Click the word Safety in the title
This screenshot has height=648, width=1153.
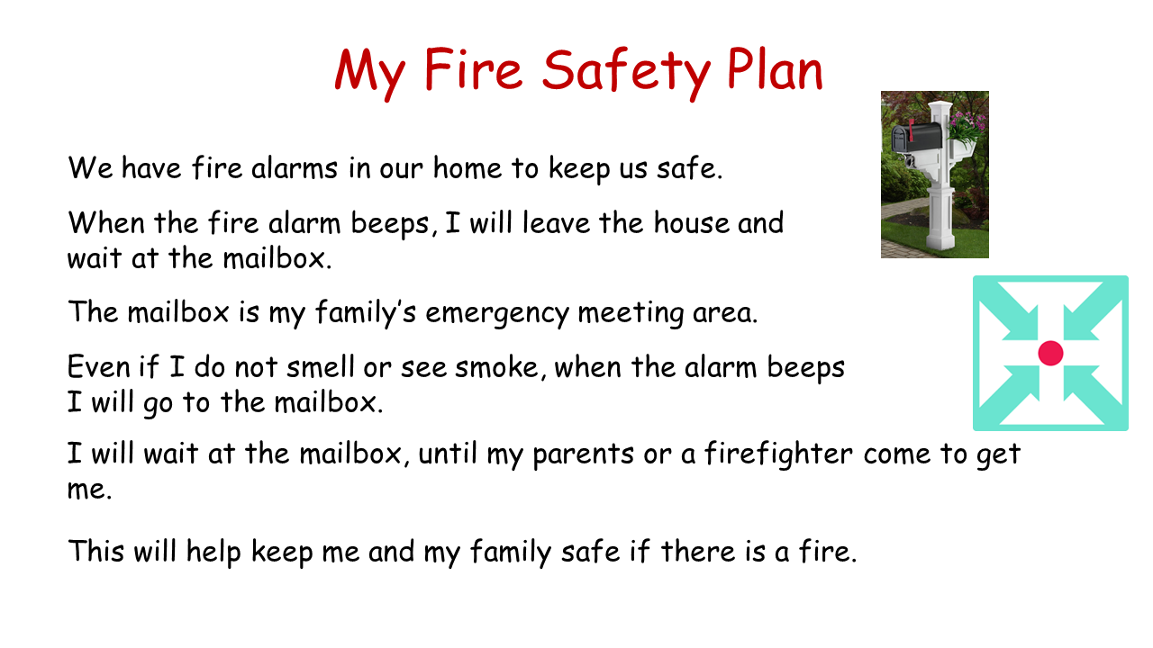click(x=626, y=72)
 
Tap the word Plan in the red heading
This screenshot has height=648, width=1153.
click(x=776, y=69)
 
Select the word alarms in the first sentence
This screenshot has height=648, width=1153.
click(x=295, y=167)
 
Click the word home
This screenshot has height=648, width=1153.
click(x=468, y=167)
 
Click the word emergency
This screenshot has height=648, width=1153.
click(x=497, y=313)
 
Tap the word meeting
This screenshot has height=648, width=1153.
click(x=631, y=313)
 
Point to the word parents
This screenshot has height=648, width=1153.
click(x=583, y=455)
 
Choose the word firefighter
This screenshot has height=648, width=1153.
click(x=778, y=454)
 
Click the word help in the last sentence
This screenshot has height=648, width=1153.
click(x=213, y=553)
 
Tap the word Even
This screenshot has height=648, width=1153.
click(x=98, y=366)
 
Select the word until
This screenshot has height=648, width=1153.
click(x=448, y=454)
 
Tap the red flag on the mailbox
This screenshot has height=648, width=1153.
click(x=911, y=129)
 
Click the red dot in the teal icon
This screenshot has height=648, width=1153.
click(x=1050, y=354)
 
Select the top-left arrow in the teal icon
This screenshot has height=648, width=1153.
click(x=1013, y=315)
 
